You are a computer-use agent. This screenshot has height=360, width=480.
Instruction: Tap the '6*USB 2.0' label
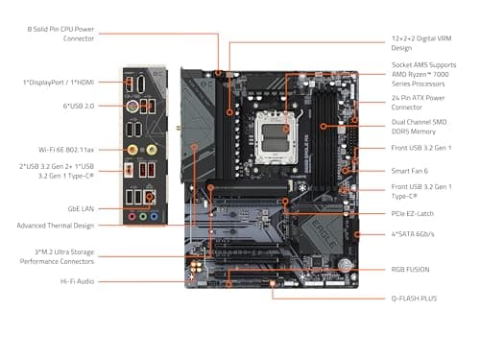point(78,106)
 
